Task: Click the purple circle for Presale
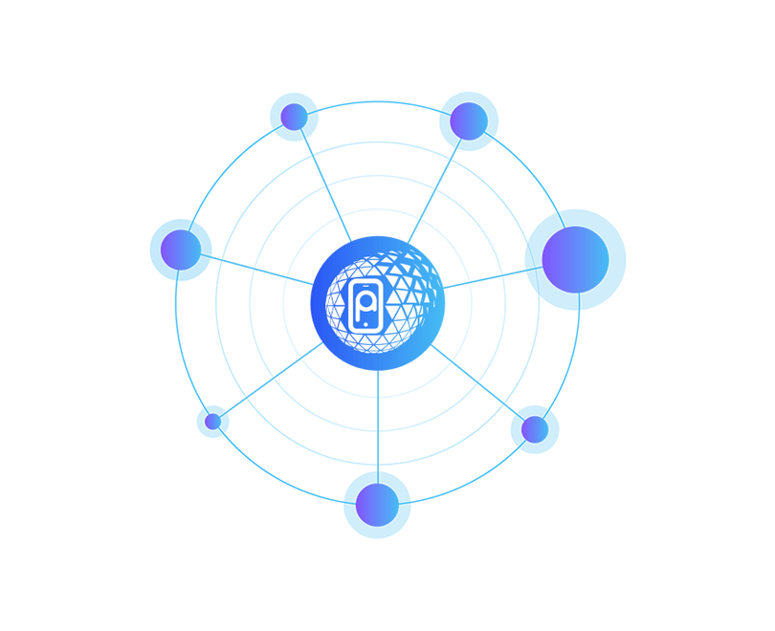point(574,256)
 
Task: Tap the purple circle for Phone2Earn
point(182,249)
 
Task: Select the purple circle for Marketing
point(468,120)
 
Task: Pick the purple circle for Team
point(292,117)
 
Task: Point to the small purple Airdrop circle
point(212,421)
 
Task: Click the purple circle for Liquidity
point(375,503)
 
